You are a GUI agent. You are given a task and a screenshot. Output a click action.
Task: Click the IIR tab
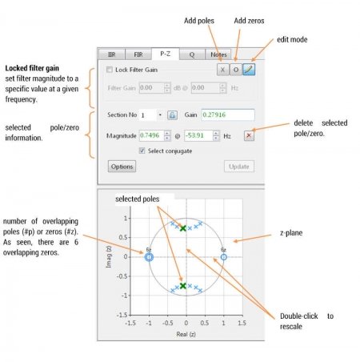point(113,54)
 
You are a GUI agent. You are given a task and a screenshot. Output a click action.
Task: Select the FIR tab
point(139,54)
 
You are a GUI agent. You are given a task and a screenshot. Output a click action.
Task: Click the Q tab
point(191,54)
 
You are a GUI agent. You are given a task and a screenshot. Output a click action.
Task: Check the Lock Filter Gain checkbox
point(110,70)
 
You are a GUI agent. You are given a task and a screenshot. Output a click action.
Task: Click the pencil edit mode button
point(249,70)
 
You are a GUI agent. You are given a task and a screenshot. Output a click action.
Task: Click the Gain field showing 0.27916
point(227,115)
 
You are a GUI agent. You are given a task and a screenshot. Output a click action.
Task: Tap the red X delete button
point(249,135)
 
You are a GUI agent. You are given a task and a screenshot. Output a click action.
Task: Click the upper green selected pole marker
point(183,228)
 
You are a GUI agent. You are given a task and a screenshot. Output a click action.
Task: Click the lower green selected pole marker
point(183,285)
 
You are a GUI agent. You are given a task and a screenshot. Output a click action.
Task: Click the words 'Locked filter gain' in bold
point(34,70)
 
